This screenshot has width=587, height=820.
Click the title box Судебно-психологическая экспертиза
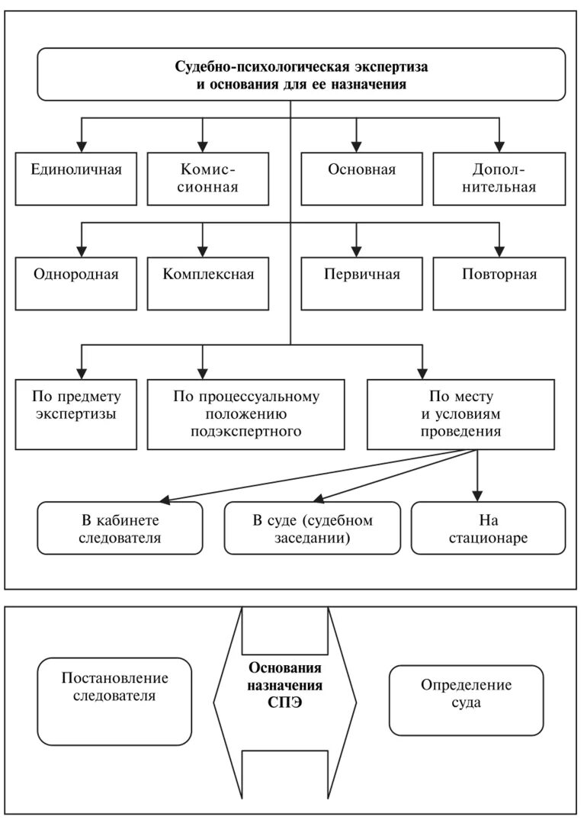click(301, 75)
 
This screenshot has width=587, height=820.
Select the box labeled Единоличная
click(77, 178)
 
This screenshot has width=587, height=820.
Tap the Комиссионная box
click(209, 178)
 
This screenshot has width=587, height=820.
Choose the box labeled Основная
click(362, 178)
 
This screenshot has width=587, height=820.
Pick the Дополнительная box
click(499, 178)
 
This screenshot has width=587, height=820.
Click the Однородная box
click(77, 283)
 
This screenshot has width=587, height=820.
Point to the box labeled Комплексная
click(209, 283)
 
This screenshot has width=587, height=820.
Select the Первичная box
click(362, 283)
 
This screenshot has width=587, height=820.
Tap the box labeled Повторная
click(499, 283)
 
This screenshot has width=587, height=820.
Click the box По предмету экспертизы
click(77, 413)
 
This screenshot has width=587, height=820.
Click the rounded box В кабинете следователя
click(120, 528)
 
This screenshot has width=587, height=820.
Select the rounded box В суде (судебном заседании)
click(313, 528)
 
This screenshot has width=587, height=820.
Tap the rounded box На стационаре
click(489, 528)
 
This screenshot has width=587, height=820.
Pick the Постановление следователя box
click(115, 701)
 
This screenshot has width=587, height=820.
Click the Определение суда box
click(467, 700)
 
